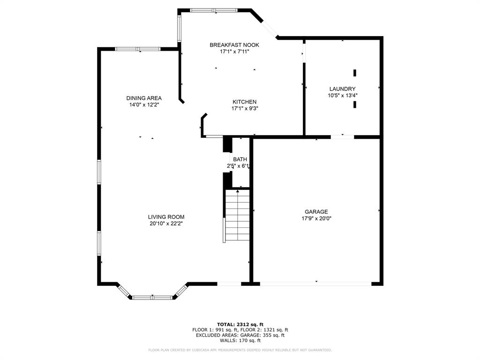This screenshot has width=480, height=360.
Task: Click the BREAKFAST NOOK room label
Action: tap(234, 45)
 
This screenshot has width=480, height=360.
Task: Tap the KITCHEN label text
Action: tap(245, 102)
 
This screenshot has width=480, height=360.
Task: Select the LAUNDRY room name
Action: tap(342, 89)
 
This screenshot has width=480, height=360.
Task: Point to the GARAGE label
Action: tap(316, 211)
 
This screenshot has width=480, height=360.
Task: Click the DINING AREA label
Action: tap(144, 98)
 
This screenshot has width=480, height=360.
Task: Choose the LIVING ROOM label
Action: tap(166, 217)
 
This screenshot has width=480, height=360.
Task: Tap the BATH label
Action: tap(240, 159)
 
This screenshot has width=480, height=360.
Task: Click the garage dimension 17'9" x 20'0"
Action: tap(316, 218)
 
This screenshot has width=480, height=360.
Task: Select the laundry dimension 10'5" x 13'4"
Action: tap(342, 96)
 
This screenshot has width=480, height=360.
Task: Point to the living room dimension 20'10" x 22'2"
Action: tap(166, 224)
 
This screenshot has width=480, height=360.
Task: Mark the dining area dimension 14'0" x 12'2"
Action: tap(144, 105)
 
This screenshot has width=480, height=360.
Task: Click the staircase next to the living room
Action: tap(237, 215)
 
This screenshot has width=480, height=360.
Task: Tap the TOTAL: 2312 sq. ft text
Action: tap(240, 324)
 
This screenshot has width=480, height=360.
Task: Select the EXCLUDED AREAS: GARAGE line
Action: tap(240, 335)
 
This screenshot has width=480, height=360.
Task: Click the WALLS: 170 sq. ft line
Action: tap(240, 340)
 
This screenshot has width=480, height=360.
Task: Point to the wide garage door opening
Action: tap(315, 284)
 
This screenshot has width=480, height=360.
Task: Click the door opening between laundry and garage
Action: tap(342, 137)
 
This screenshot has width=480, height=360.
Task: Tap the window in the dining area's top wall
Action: tap(138, 49)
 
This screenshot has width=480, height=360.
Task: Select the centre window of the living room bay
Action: tap(152, 298)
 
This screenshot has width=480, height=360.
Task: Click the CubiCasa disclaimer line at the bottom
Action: tap(240, 350)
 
